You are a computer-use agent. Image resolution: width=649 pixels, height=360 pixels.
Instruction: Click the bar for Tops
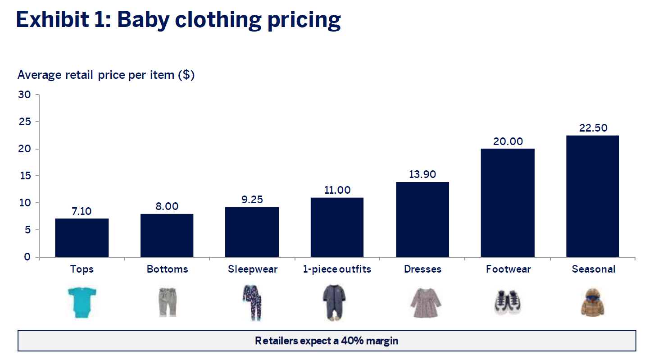(x=82, y=237)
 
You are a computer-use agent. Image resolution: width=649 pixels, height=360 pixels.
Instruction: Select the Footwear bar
(x=508, y=203)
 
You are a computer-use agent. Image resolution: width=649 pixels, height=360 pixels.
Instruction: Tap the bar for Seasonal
(x=593, y=196)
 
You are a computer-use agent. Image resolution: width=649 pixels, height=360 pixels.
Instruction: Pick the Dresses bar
(x=422, y=219)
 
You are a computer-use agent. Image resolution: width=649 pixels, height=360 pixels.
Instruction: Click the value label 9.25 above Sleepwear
(x=252, y=199)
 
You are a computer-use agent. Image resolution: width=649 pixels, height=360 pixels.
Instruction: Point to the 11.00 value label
(x=337, y=190)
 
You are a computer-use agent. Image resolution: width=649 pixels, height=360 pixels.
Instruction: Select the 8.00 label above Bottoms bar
(x=167, y=206)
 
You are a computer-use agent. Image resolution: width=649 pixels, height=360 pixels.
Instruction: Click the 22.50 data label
(x=593, y=128)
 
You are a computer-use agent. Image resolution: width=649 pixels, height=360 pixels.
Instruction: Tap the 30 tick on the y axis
(x=24, y=95)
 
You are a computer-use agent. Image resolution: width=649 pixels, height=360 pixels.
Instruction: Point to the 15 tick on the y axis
(x=24, y=176)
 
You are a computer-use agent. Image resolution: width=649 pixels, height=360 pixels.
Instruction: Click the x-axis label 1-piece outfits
(x=337, y=269)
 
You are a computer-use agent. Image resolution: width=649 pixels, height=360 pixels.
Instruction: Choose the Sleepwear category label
(x=253, y=269)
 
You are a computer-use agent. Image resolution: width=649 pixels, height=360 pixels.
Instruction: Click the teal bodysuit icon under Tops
(x=82, y=303)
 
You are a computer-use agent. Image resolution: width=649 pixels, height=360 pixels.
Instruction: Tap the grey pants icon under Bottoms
(x=167, y=302)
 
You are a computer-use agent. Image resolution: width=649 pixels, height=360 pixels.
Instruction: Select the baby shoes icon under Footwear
(x=508, y=302)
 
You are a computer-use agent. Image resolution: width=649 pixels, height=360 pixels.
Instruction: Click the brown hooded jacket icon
(x=593, y=302)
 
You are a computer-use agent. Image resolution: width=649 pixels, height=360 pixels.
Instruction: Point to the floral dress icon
(x=422, y=302)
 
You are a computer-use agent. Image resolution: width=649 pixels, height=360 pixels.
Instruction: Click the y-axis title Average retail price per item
(x=106, y=75)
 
